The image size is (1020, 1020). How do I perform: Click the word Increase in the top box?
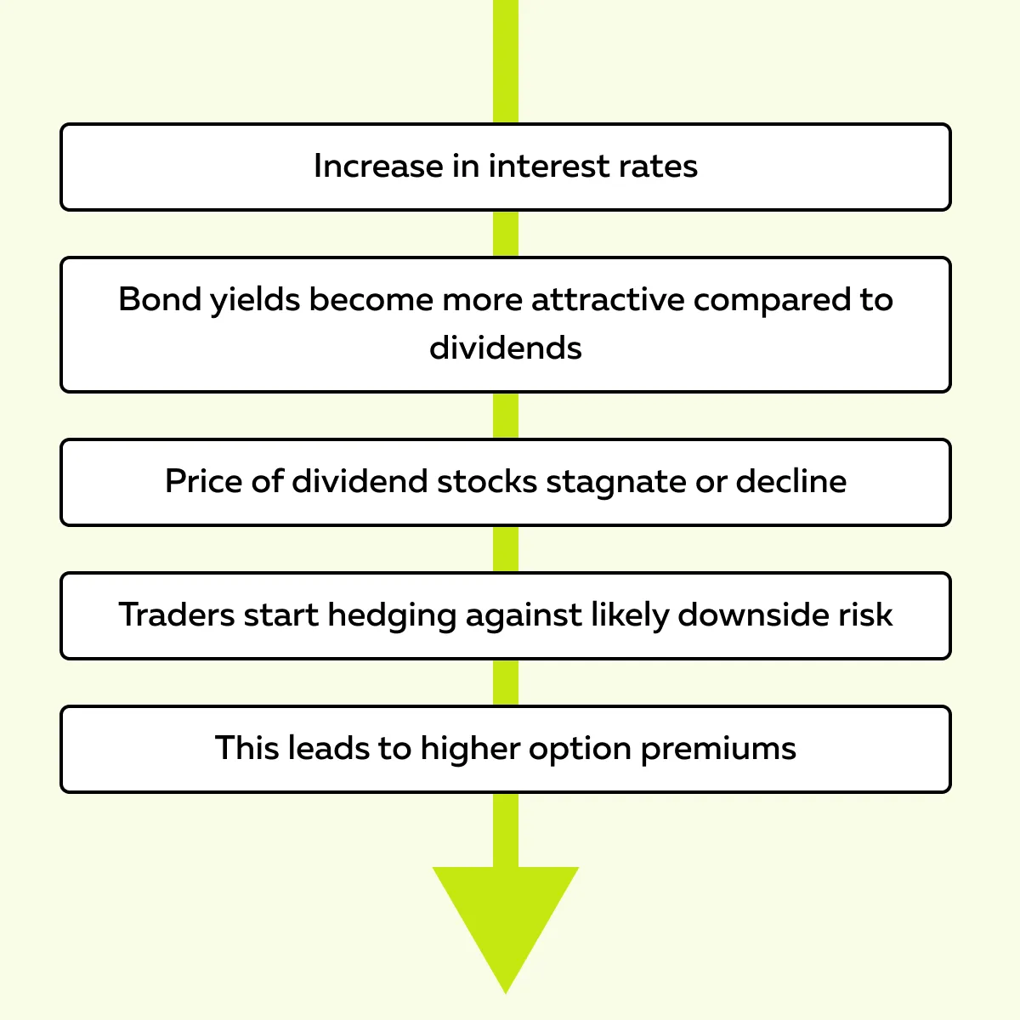click(378, 167)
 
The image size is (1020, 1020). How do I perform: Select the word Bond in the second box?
click(159, 299)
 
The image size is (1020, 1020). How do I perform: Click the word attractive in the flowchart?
click(608, 299)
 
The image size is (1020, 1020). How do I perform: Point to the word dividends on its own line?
click(506, 348)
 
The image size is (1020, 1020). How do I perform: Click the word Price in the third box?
click(204, 481)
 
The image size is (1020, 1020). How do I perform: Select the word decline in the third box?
click(791, 481)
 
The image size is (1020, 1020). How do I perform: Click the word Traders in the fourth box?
click(176, 615)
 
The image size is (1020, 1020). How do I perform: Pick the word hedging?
click(392, 616)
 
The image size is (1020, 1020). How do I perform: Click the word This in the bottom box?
click(246, 748)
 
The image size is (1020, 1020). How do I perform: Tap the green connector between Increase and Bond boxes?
click(506, 234)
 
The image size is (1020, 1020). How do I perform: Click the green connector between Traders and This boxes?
click(506, 683)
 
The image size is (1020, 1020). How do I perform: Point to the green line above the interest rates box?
click(506, 61)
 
